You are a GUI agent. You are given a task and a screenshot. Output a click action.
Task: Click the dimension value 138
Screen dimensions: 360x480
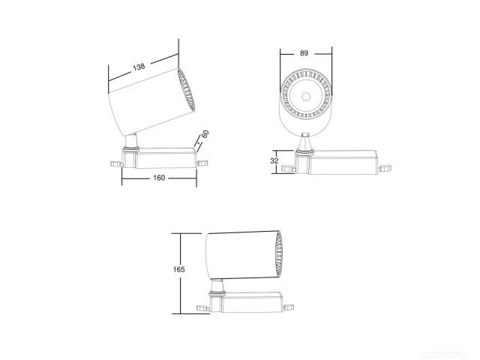pyautogui.click(x=139, y=67)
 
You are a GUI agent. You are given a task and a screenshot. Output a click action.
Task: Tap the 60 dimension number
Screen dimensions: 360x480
pyautogui.click(x=205, y=134)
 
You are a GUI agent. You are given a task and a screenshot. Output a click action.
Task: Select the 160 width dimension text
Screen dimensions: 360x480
pyautogui.click(x=159, y=178)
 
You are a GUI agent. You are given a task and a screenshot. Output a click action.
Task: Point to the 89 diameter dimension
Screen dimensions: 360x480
pyautogui.click(x=304, y=52)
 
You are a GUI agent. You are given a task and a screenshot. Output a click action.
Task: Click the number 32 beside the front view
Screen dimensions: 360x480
pyautogui.click(x=274, y=160)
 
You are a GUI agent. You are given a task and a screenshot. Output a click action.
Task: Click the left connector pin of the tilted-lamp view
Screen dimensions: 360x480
pyautogui.click(x=114, y=162)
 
